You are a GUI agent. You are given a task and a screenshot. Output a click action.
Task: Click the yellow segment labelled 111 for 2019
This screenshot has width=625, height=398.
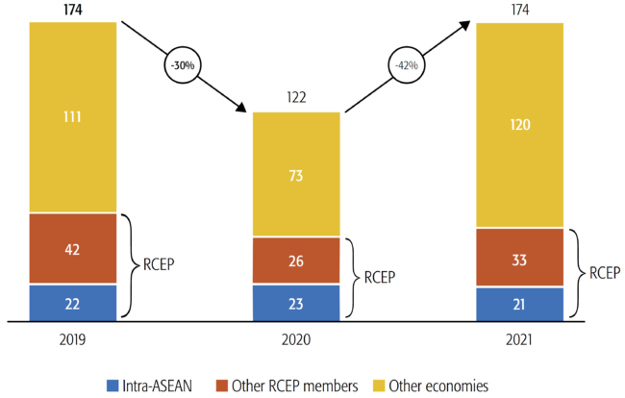(x=73, y=117)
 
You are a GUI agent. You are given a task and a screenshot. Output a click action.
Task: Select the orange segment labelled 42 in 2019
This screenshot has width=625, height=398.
(x=73, y=248)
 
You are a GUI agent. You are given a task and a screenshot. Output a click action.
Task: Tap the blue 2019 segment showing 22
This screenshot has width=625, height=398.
(x=73, y=302)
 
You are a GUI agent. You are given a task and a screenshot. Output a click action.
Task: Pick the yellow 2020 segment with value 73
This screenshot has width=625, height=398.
(x=296, y=174)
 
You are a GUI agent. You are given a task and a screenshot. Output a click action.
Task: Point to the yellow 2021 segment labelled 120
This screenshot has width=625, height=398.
(x=519, y=125)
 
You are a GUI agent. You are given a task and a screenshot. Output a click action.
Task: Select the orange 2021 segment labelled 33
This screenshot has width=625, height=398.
(x=519, y=257)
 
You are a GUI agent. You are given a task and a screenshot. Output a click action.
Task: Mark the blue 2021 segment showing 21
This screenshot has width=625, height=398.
(x=519, y=304)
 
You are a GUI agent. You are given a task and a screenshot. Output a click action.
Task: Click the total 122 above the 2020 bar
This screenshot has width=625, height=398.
(x=296, y=97)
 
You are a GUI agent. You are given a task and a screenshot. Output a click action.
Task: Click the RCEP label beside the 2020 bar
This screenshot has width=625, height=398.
(x=381, y=279)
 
